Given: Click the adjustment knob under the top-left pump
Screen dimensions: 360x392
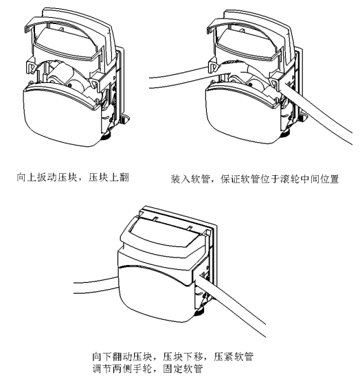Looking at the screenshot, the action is (106, 137).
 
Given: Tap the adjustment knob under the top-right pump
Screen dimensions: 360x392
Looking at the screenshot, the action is (285, 134).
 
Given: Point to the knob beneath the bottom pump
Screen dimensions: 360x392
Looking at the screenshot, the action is (199, 312).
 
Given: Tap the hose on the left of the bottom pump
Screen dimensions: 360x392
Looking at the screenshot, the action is (96, 285).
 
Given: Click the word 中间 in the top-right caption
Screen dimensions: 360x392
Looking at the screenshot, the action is (309, 179).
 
